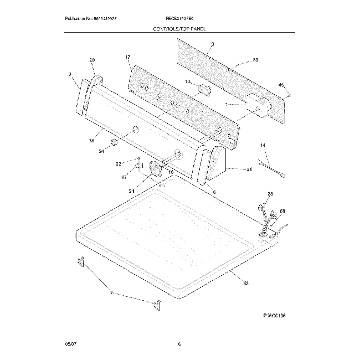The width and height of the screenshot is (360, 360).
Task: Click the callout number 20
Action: [92, 60]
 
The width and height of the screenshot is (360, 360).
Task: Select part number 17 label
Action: [127, 58]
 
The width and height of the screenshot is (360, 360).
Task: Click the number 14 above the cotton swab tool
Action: [263, 145]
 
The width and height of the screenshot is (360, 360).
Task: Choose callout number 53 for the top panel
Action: [245, 283]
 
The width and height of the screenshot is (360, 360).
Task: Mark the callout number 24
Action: [101, 151]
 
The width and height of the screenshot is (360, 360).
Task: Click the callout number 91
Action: [249, 170]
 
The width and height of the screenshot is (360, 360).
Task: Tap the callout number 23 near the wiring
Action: [270, 193]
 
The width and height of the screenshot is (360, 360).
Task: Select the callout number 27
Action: [125, 177]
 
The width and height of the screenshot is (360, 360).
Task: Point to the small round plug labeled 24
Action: [114, 143]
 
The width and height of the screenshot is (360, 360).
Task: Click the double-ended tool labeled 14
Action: [272, 169]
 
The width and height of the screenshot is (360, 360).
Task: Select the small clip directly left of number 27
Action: [138, 164]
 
